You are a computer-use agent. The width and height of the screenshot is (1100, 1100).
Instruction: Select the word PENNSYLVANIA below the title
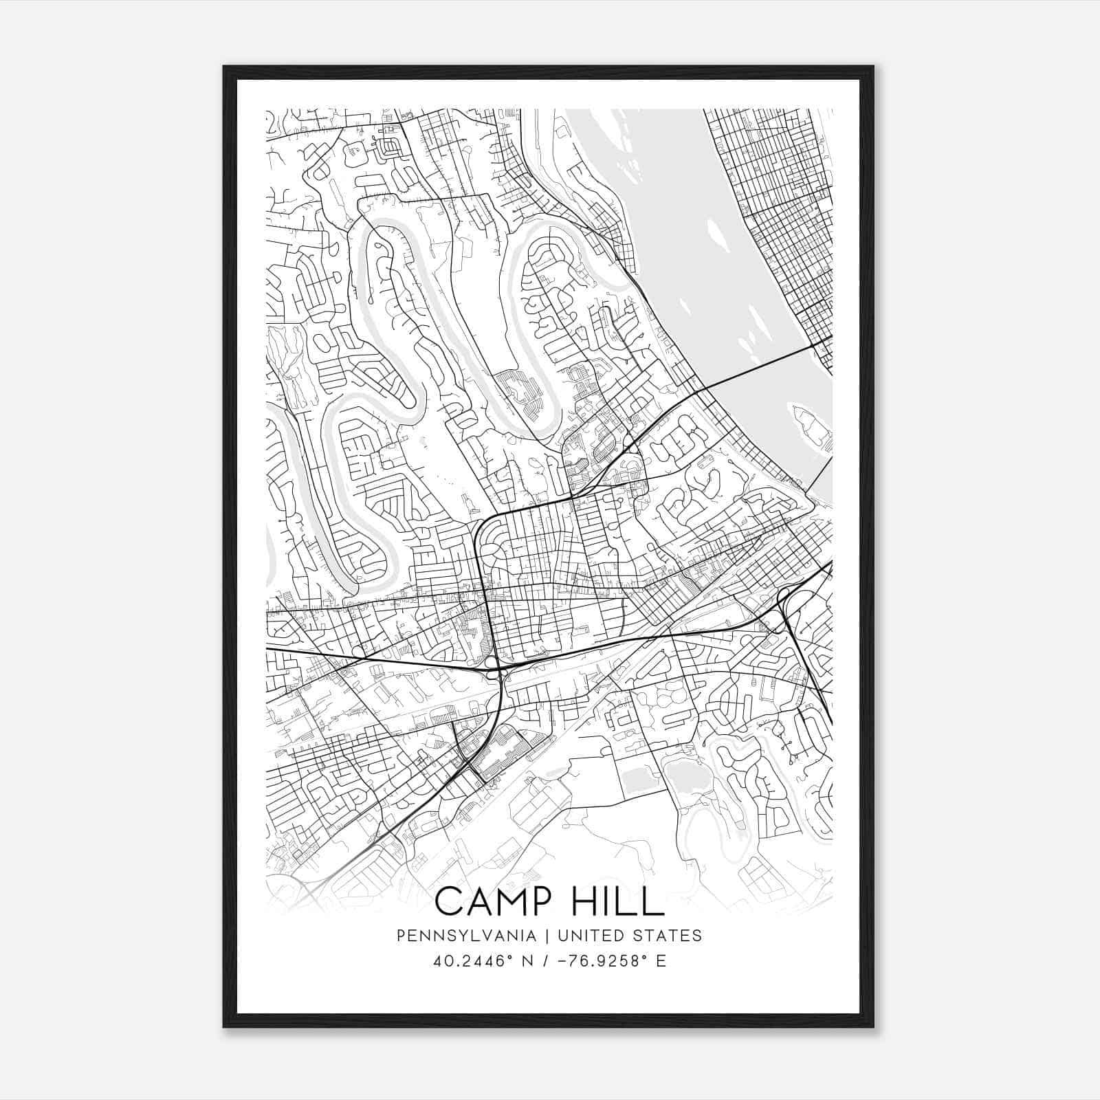pyautogui.click(x=466, y=936)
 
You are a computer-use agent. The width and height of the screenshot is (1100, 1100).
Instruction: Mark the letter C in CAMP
pyautogui.click(x=448, y=901)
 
